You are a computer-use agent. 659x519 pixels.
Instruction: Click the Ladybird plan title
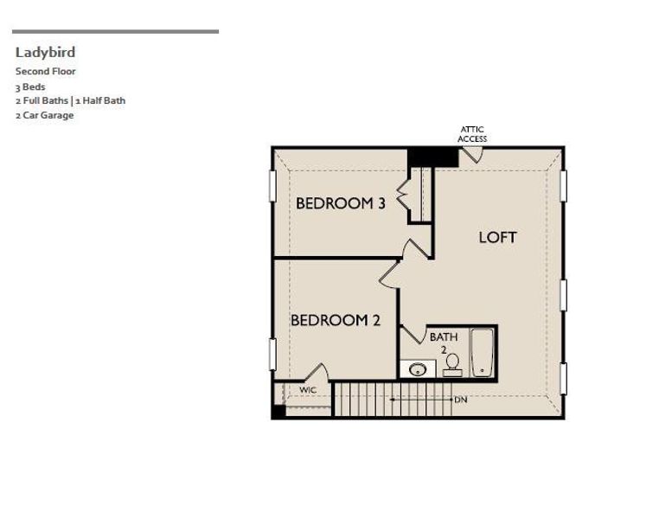point(45,53)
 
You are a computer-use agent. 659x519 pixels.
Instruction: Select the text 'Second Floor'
point(46,72)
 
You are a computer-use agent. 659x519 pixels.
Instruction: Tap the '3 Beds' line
point(30,86)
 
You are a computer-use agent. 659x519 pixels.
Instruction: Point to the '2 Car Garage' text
point(44,115)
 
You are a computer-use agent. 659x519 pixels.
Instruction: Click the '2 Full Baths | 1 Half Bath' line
point(70,100)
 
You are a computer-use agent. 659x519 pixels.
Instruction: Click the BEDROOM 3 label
point(340,204)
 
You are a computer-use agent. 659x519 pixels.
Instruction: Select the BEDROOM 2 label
point(335,320)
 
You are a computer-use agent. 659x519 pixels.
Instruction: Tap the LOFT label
point(497,237)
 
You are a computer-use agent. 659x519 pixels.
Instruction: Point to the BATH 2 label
point(444,343)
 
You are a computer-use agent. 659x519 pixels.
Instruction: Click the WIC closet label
point(308,390)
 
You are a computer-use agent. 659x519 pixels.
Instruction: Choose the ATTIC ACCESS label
point(472,134)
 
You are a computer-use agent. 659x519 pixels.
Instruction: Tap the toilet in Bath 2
point(452,364)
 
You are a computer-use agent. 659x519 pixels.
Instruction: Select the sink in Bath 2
point(418,369)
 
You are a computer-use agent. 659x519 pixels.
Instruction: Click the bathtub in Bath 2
point(482,352)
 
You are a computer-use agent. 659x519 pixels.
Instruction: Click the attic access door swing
point(471,155)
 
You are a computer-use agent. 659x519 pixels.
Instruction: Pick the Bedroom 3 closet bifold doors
point(404,195)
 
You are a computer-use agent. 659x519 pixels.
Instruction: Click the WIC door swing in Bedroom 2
point(317,374)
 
